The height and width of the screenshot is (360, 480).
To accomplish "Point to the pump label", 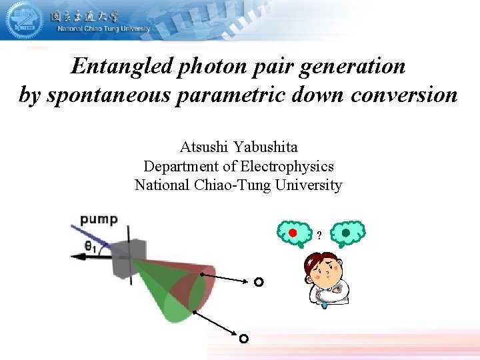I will (x=99, y=219).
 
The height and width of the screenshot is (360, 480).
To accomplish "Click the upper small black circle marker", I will (x=259, y=282).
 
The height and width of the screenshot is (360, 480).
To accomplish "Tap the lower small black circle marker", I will (x=244, y=339).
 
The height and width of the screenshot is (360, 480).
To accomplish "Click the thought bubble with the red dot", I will (x=293, y=233).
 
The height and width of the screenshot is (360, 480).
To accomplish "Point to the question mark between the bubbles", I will (x=319, y=235).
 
